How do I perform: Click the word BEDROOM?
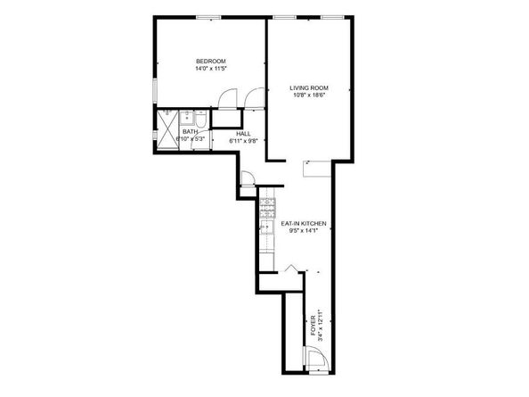pos(211,61)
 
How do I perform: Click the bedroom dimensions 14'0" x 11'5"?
pos(211,68)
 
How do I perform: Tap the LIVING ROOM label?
pos(308,87)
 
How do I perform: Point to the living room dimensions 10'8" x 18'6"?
pos(308,95)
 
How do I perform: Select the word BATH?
pos(190,132)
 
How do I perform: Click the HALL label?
pos(242,133)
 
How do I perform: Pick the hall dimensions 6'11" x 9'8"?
pos(242,140)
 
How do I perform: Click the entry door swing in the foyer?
pos(316,360)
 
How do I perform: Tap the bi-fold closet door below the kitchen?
pos(293,268)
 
